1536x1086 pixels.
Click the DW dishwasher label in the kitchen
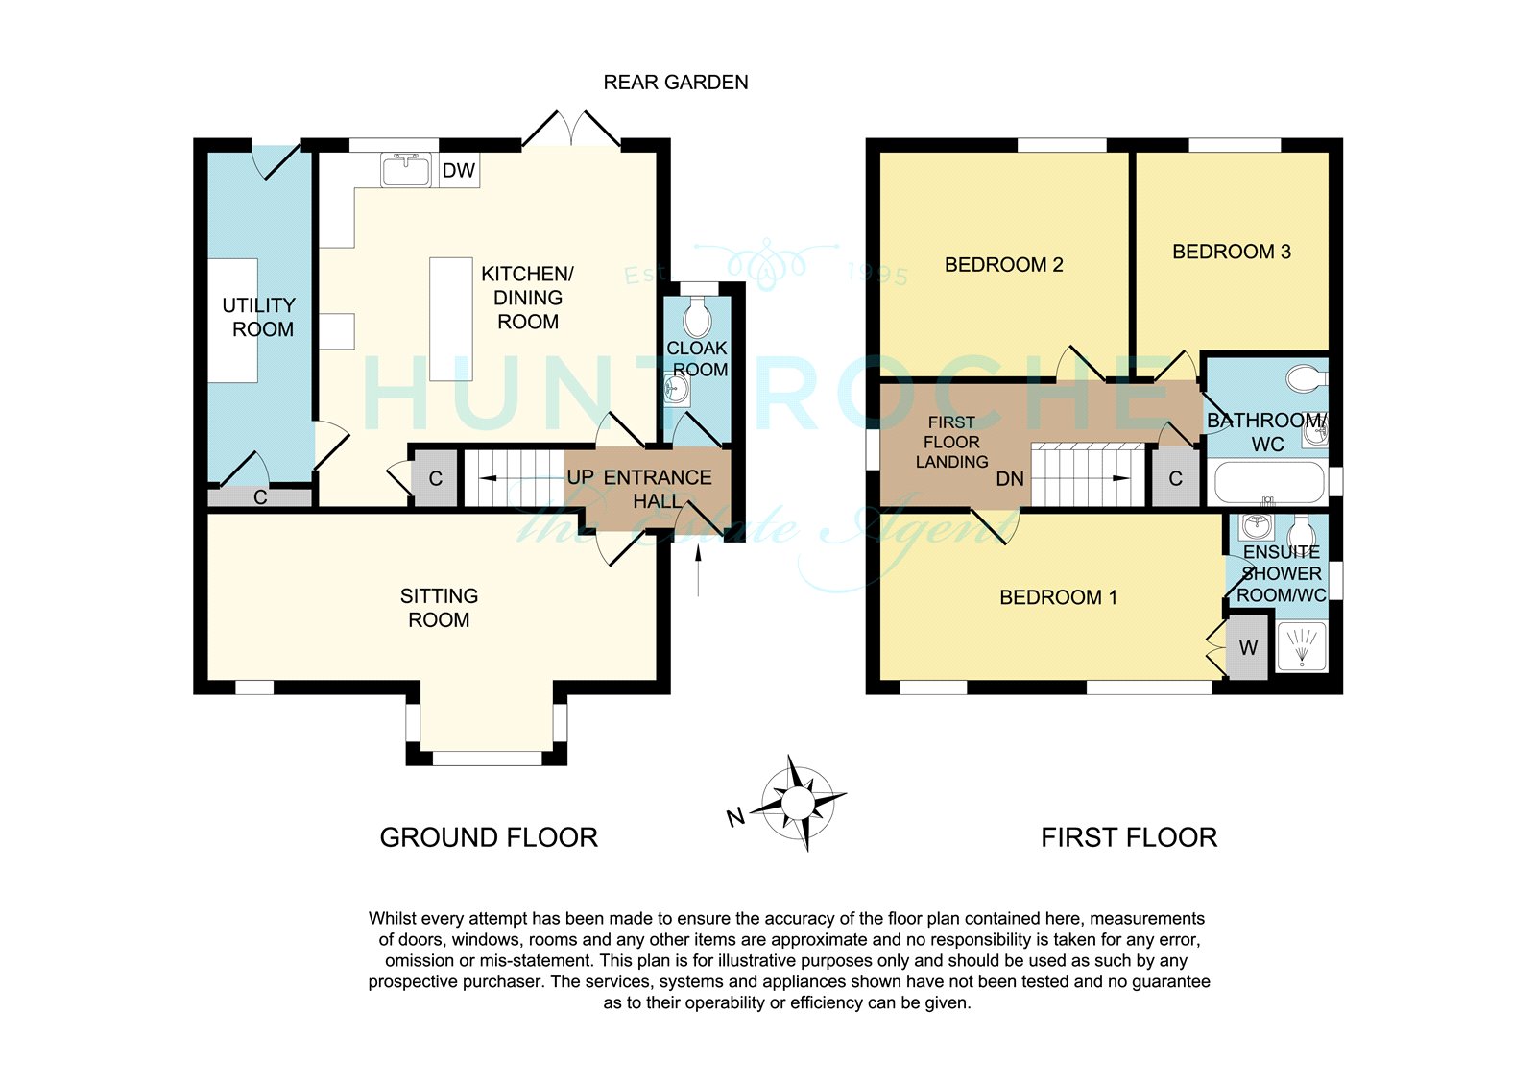[459, 170]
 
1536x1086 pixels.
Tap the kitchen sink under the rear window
[406, 169]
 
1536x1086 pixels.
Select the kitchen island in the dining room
[450, 319]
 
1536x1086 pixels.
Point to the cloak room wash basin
[676, 390]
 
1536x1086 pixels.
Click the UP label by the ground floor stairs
[580, 477]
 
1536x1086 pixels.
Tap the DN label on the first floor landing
[1009, 479]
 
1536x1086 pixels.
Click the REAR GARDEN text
[676, 83]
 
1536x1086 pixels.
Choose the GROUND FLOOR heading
[489, 837]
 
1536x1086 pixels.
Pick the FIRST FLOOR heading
[1129, 837]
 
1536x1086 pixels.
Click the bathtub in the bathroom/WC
[1269, 483]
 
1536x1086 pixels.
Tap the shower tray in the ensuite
[1302, 645]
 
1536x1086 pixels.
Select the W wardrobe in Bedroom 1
[1248, 647]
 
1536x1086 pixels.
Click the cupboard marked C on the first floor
[1175, 478]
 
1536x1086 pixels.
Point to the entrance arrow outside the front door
[698, 570]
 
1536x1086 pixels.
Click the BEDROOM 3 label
[1232, 252]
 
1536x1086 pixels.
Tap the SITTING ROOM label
[439, 608]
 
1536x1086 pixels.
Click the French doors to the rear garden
[572, 129]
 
